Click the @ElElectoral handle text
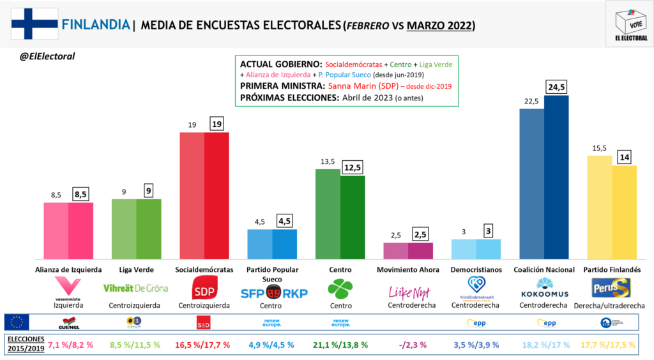48,57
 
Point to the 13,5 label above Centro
326,162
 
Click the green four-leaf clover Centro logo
340,289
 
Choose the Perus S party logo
611,288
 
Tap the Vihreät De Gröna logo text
135,288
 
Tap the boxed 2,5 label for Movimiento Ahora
421,235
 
